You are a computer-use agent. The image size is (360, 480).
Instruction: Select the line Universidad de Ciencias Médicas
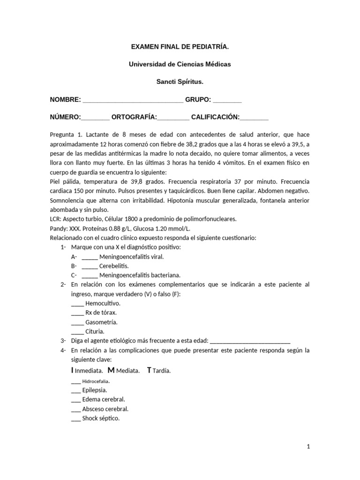(x=180, y=64)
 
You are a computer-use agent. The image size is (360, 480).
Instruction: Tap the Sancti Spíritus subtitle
(x=180, y=82)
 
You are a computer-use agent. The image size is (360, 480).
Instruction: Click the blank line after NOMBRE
(x=133, y=100)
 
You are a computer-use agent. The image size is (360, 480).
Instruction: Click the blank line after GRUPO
(x=227, y=100)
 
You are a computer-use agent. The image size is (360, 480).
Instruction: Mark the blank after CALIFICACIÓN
(x=255, y=118)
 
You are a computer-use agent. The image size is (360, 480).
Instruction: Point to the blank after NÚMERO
(x=96, y=118)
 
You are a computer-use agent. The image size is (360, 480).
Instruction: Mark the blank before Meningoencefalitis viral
(x=90, y=257)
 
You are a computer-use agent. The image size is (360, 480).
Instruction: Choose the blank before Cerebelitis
(x=90, y=266)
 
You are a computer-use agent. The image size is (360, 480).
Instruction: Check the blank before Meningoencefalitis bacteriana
(x=90, y=276)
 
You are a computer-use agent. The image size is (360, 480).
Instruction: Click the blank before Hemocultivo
(x=77, y=303)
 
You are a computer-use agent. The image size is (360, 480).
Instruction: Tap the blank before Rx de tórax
(x=77, y=313)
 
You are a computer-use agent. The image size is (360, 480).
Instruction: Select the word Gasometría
(x=101, y=322)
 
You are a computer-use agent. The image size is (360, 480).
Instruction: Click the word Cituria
(x=95, y=331)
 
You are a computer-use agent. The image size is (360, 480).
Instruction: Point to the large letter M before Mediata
(x=111, y=370)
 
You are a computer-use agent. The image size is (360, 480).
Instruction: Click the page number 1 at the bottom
(x=308, y=447)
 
